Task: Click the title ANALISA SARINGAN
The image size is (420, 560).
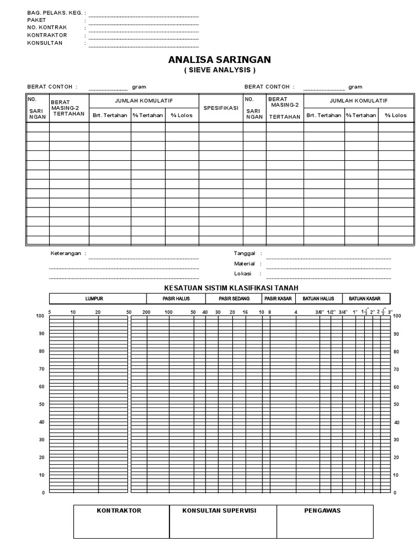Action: (x=219, y=60)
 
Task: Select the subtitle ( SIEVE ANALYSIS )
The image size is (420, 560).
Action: (x=219, y=71)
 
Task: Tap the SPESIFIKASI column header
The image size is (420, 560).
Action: (x=220, y=108)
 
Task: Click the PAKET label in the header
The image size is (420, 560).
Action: (x=36, y=20)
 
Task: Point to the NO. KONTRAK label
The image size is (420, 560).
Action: (x=47, y=27)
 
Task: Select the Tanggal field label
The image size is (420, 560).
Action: (x=244, y=254)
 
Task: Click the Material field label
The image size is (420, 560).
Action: (x=244, y=264)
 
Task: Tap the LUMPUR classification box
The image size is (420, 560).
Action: (x=94, y=299)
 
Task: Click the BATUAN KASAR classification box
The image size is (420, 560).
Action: (x=366, y=299)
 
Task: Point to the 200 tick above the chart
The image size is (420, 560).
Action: (x=145, y=312)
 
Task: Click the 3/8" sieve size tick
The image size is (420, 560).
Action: (x=319, y=312)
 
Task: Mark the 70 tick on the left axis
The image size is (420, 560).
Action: (x=39, y=369)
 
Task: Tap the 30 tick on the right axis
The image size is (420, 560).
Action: (x=396, y=440)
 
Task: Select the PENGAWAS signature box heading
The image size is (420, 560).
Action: (x=322, y=510)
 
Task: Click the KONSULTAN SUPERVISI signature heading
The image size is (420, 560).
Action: (x=219, y=510)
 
